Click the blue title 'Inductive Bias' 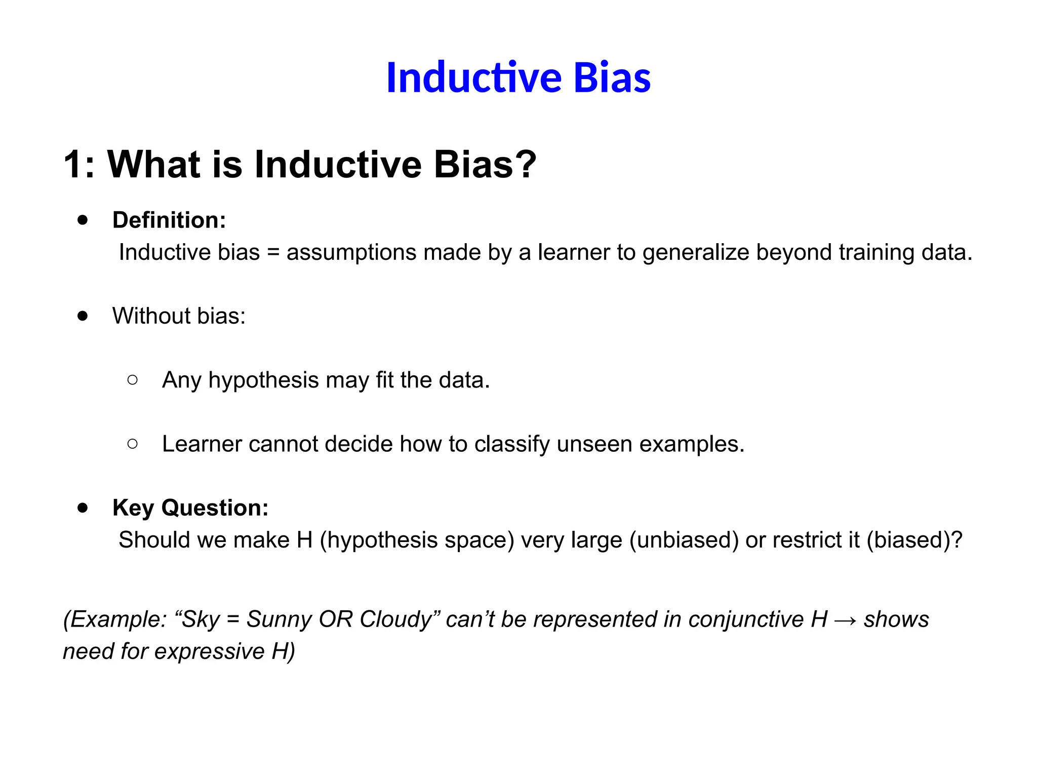click(518, 78)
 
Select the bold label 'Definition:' click(169, 220)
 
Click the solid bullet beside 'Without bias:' click(83, 316)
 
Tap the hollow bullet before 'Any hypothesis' click(133, 380)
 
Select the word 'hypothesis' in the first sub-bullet click(263, 380)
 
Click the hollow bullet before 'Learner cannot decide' click(133, 444)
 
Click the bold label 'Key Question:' click(190, 508)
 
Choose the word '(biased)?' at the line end click(914, 540)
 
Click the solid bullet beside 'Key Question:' click(83, 508)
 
